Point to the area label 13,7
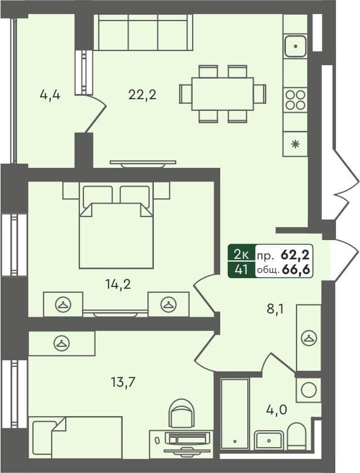124,383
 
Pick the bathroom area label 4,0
276,409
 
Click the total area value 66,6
297,270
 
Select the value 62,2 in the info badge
297,255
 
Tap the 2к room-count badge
241,255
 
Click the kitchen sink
295,46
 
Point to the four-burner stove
295,99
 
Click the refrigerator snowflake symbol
295,143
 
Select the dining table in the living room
223,94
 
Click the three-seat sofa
143,33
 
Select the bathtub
234,414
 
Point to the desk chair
181,414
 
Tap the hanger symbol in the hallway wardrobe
308,337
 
